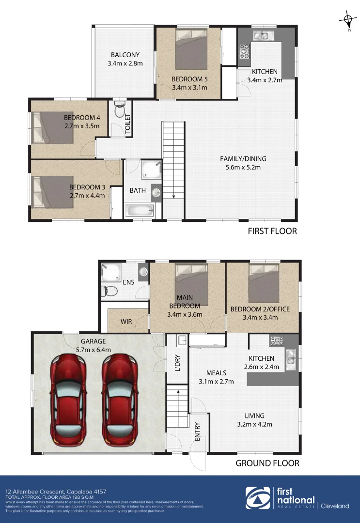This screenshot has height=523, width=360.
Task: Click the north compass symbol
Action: click(x=347, y=20)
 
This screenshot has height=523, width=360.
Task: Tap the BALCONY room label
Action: click(x=125, y=55)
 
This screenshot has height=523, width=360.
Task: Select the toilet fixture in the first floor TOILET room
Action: click(x=119, y=110)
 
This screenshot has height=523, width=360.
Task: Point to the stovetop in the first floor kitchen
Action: click(x=244, y=49)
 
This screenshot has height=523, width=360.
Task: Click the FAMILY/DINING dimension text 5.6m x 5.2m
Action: click(x=243, y=168)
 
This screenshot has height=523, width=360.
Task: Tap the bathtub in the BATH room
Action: click(x=140, y=211)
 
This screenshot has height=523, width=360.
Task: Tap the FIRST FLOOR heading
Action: click(x=272, y=231)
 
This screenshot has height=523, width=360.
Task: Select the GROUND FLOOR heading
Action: click(x=267, y=463)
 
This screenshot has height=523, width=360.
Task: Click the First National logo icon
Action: click(x=258, y=499)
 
